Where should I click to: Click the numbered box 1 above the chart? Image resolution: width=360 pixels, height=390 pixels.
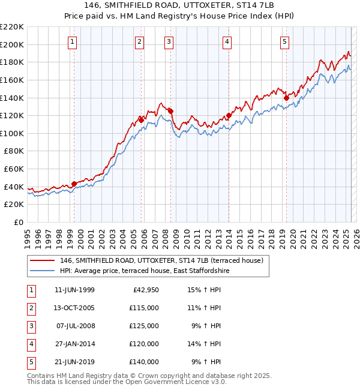72,41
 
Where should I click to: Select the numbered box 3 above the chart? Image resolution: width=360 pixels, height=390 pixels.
169,41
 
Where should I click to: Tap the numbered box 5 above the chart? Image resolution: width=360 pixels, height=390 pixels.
284,41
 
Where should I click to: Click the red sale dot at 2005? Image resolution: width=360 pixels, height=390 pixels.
142,119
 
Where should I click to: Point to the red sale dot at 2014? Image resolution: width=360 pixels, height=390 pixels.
229,115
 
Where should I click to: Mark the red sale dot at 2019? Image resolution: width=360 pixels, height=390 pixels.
286,97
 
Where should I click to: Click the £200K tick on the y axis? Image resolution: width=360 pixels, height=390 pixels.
12,44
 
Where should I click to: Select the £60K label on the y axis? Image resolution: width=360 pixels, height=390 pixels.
14,169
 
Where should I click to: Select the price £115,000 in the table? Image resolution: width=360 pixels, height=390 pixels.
144,308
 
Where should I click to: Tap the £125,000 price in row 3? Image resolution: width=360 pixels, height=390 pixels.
144,326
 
